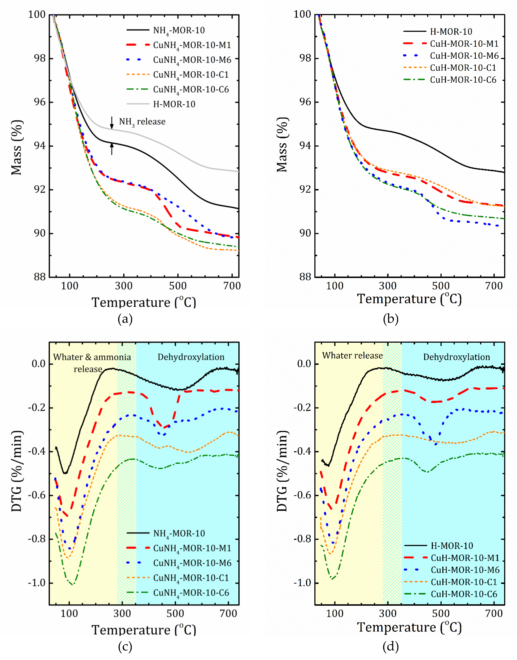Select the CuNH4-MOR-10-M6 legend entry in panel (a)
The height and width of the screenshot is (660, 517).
(192, 60)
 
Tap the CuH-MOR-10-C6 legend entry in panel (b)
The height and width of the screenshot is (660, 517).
(463, 80)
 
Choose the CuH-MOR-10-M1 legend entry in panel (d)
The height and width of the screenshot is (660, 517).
(465, 558)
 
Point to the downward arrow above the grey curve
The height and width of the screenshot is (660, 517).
(112, 122)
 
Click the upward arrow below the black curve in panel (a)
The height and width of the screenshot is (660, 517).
(112, 149)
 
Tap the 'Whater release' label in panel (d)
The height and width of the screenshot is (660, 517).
(352, 355)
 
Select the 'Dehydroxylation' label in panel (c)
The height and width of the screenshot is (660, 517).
(191, 357)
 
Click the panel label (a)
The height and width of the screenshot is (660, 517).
(125, 319)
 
